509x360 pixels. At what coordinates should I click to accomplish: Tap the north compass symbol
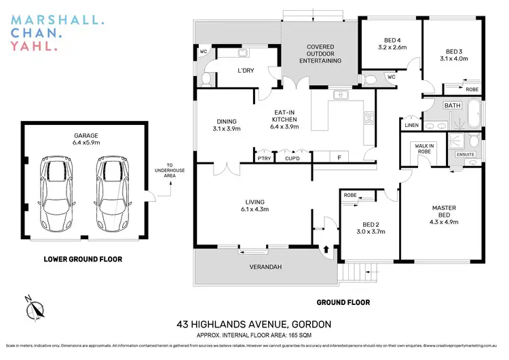[33, 308]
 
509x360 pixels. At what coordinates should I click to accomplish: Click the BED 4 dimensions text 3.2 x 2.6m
[392, 48]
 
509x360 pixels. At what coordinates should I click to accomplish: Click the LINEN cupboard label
[411, 126]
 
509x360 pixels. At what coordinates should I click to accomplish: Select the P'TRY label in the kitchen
[264, 158]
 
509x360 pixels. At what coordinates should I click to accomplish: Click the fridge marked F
[339, 157]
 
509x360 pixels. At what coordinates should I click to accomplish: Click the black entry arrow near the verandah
[327, 250]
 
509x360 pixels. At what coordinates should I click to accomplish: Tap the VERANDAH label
[265, 267]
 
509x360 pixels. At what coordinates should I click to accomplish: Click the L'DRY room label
[245, 71]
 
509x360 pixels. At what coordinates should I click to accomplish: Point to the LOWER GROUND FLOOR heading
[83, 259]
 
